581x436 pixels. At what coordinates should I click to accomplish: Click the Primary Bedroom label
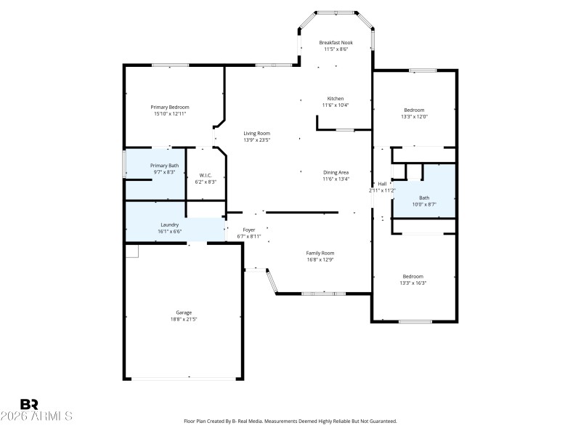point(170,107)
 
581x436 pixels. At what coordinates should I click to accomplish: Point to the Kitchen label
point(335,98)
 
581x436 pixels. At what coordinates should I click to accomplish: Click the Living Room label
point(256,133)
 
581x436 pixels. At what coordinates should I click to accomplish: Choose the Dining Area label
point(336,172)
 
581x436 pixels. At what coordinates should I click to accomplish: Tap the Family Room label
point(320,253)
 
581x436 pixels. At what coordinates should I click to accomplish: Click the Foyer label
point(248,230)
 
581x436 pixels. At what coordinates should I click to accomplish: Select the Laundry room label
point(170,225)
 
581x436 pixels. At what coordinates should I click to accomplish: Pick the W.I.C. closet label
point(206,175)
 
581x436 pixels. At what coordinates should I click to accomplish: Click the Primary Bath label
point(164,166)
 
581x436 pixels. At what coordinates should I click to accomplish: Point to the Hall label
point(382,184)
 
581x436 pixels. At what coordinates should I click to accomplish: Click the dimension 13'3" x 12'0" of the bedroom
point(414,116)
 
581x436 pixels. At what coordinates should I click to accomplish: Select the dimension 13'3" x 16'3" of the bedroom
point(413,283)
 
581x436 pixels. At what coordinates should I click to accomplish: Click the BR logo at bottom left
point(29,404)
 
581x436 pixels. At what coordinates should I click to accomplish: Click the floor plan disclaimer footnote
point(290,421)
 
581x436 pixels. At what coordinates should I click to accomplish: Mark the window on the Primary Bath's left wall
point(124,164)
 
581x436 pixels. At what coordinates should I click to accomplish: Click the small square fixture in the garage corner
point(131,251)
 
